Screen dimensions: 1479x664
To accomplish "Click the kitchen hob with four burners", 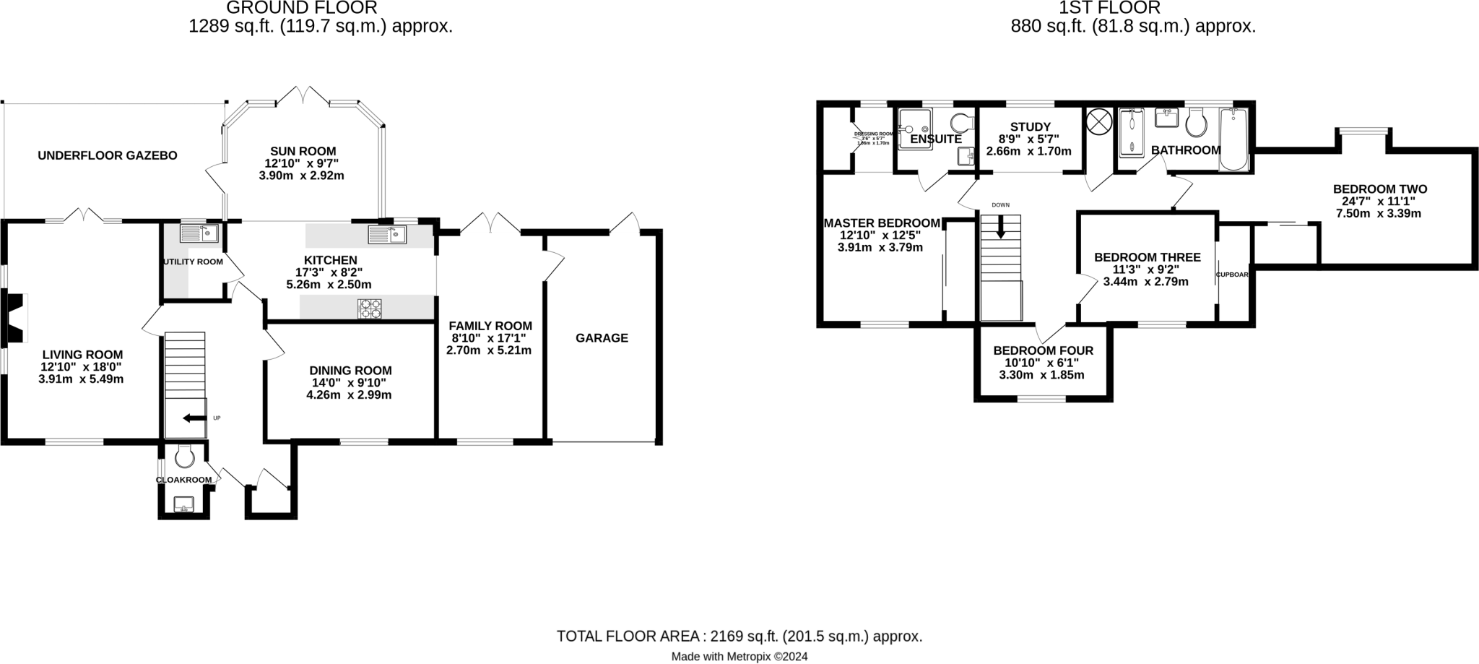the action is (370, 309).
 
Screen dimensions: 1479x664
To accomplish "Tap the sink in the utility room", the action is (199, 233).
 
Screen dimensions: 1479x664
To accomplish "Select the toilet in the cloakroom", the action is (185, 456).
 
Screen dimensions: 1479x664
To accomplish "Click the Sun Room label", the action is (303, 151).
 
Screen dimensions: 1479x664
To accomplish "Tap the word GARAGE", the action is (602, 337).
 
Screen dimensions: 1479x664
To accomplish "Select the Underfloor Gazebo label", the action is (108, 155).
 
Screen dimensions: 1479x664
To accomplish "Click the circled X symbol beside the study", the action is (1098, 121).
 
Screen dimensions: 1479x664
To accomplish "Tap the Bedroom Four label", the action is (1043, 350).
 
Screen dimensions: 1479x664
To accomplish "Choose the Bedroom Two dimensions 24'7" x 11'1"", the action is (1379, 202).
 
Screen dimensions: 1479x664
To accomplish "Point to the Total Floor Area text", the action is (739, 637).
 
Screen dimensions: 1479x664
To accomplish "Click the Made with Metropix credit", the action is (739, 657).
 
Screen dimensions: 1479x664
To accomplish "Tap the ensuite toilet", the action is (961, 122).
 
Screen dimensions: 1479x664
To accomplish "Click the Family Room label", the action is (490, 326).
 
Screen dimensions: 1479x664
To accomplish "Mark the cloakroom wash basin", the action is (184, 503).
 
